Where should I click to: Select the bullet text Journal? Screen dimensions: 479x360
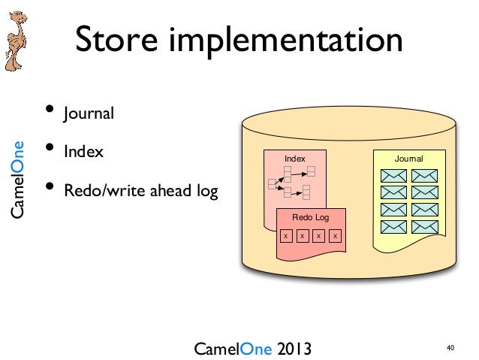[89, 115]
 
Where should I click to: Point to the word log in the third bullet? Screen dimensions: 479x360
[206, 191]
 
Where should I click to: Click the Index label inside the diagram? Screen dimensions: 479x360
[295, 159]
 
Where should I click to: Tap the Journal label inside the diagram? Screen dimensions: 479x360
[409, 159]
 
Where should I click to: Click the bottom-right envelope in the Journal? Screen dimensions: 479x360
[425, 226]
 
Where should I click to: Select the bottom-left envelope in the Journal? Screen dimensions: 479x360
[393, 226]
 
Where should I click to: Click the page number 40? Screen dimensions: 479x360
[450, 348]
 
